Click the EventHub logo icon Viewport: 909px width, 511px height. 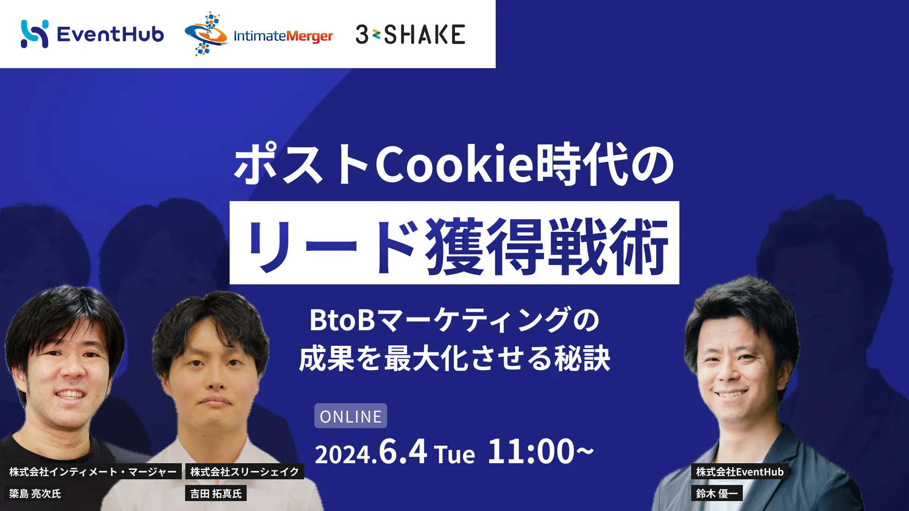click(x=35, y=34)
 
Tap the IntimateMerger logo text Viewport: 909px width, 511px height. click(x=283, y=36)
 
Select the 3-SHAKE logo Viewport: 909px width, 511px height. click(x=410, y=35)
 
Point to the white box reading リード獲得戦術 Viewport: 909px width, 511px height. click(x=454, y=243)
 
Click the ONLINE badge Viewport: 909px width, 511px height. click(x=351, y=416)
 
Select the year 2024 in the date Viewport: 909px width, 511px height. click(x=343, y=455)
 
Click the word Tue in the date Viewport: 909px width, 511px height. click(x=454, y=455)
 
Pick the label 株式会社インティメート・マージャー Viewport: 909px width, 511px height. click(x=93, y=471)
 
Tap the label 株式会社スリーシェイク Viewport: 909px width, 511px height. click(x=244, y=471)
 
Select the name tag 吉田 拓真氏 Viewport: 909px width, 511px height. click(x=216, y=493)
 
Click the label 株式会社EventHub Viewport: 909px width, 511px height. click(x=740, y=471)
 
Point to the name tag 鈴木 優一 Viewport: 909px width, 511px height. click(x=717, y=493)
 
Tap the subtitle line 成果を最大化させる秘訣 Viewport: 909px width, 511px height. click(x=454, y=359)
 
